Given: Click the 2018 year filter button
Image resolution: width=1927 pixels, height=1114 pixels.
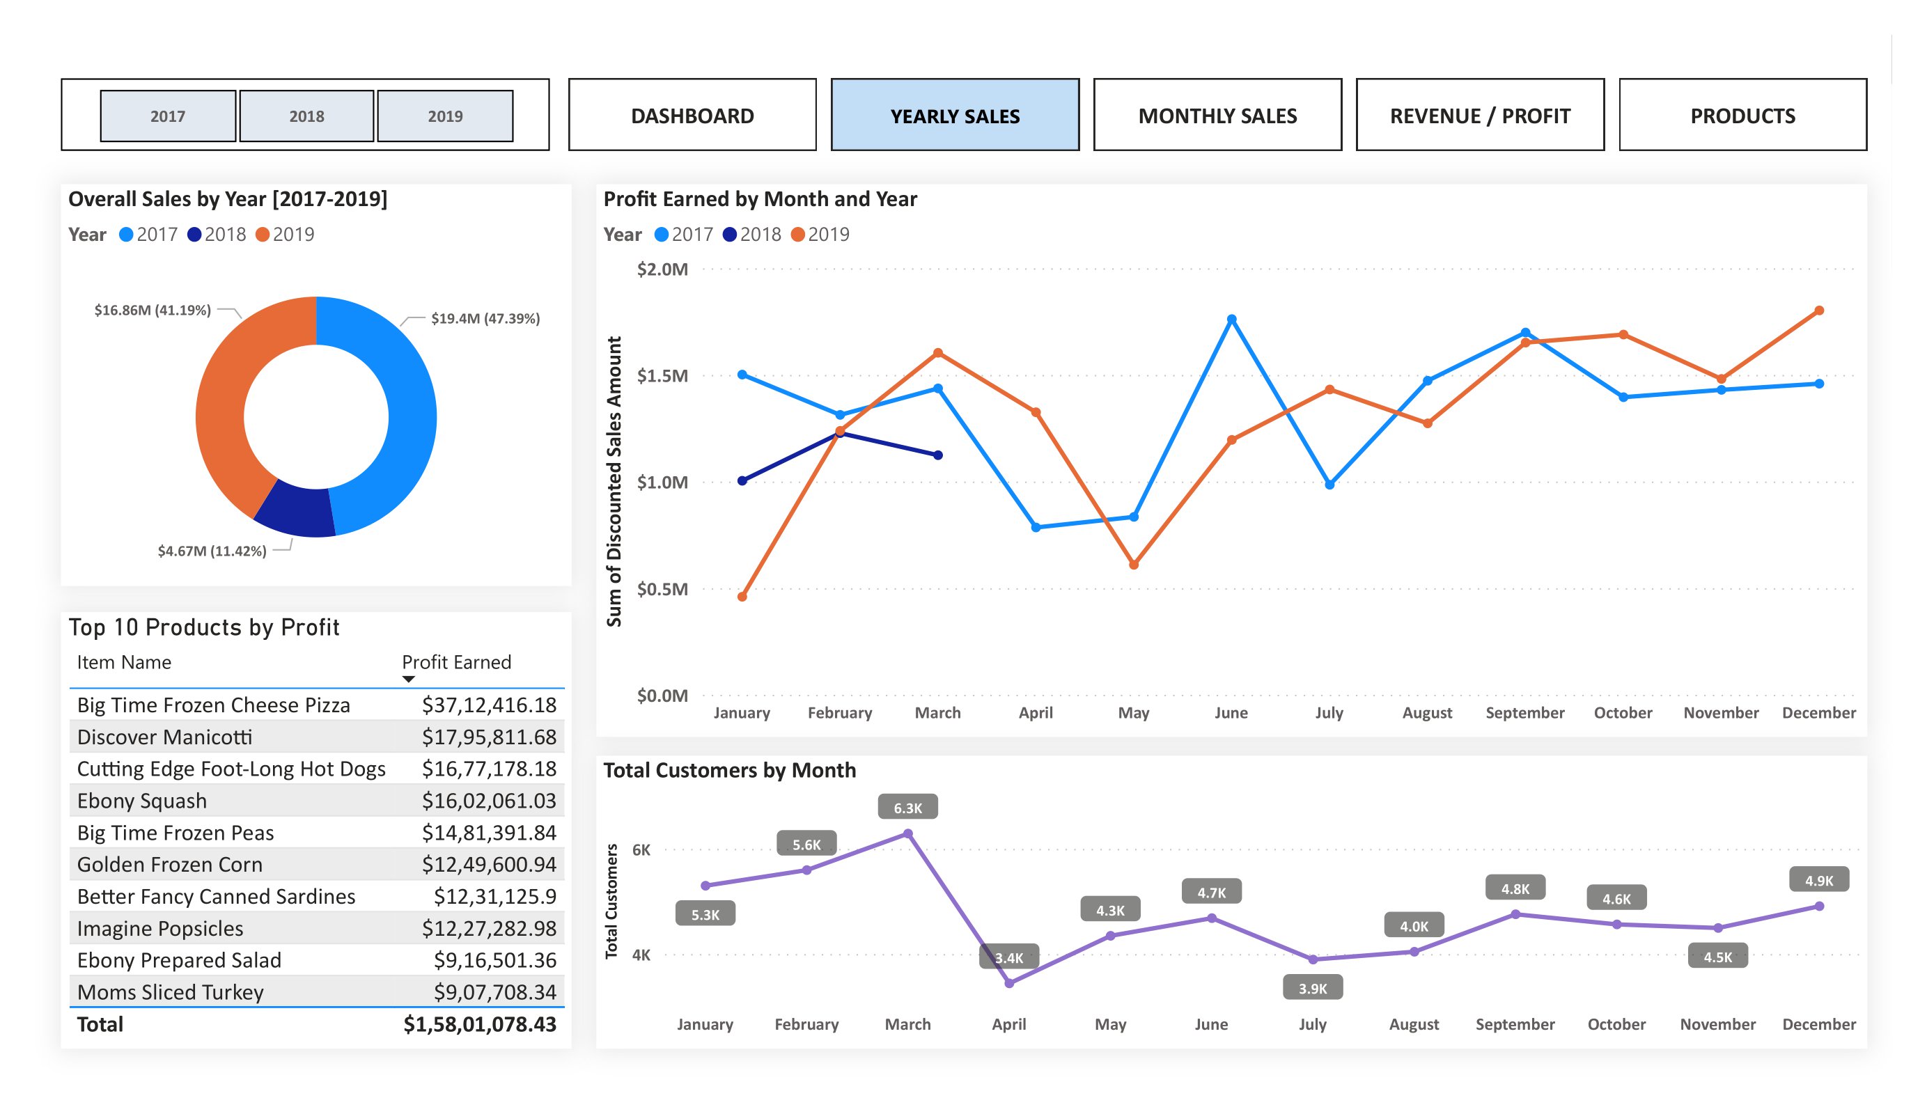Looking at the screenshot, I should pyautogui.click(x=306, y=116).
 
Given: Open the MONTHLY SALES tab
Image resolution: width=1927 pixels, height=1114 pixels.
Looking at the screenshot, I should pyautogui.click(x=1217, y=116).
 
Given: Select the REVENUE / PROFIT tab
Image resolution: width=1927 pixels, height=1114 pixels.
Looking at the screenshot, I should pyautogui.click(x=1480, y=116).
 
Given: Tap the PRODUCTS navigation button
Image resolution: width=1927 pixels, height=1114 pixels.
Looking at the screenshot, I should pyautogui.click(x=1742, y=116).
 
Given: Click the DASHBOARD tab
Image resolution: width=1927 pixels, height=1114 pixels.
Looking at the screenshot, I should pyautogui.click(x=692, y=116).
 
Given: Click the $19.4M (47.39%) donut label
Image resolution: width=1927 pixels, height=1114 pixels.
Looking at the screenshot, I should pyautogui.click(x=485, y=318).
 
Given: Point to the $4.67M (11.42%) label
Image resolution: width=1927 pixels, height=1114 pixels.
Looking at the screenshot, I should pyautogui.click(x=212, y=551).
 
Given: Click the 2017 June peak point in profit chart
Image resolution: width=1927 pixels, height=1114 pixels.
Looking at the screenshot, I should pyautogui.click(x=1231, y=320).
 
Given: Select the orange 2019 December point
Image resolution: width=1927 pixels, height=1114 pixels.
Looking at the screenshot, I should pyautogui.click(x=1818, y=311).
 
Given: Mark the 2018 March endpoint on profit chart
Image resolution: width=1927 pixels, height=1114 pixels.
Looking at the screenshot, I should pyautogui.click(x=937, y=455).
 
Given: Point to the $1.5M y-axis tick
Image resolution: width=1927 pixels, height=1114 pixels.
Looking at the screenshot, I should pyautogui.click(x=662, y=375).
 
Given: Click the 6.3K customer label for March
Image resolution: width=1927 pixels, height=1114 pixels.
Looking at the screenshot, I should pyautogui.click(x=907, y=808).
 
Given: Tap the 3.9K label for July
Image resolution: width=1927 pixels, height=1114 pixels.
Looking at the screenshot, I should pyautogui.click(x=1312, y=988).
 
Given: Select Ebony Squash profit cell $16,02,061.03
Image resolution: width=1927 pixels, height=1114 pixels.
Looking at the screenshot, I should pyautogui.click(x=489, y=801).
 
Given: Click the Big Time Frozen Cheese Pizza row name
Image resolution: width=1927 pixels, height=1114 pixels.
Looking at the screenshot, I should pyautogui.click(x=213, y=705).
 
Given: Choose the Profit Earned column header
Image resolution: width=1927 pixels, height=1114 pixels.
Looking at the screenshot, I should pyautogui.click(x=457, y=662).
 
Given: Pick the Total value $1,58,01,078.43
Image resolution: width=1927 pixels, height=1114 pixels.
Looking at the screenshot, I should pyautogui.click(x=479, y=1023).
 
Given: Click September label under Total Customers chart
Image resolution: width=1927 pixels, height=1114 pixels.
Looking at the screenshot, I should pyautogui.click(x=1515, y=1023).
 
